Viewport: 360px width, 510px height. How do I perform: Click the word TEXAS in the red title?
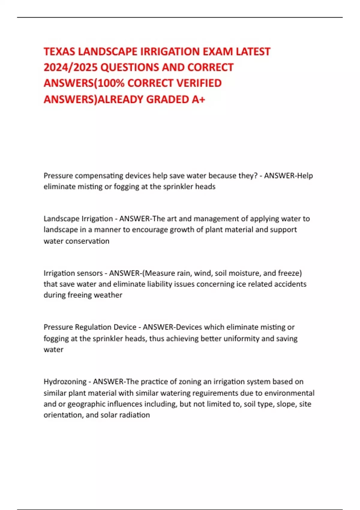[x=59, y=52]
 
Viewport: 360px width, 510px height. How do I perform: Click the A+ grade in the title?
[x=198, y=99]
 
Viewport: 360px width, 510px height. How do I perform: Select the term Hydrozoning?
[x=64, y=382]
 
